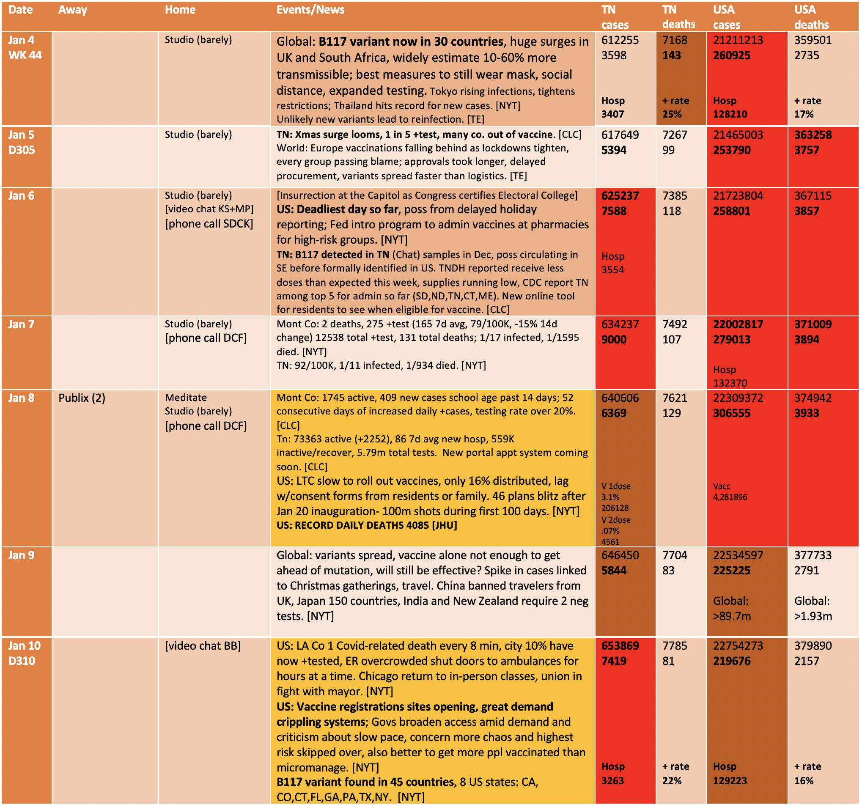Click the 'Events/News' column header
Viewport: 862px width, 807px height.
[x=310, y=10]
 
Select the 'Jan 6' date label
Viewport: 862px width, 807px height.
[x=21, y=196]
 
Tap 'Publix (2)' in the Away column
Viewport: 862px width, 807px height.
[x=82, y=398]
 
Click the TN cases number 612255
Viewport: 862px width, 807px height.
[x=620, y=40]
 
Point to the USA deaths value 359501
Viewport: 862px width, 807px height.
[x=813, y=40]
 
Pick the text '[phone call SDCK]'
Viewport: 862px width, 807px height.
[x=209, y=224]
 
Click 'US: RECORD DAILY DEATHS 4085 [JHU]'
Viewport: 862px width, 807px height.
[x=367, y=526]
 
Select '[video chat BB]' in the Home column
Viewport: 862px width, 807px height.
[x=203, y=646]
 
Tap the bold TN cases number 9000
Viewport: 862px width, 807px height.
[x=614, y=340]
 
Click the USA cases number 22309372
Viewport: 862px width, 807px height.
[x=738, y=398]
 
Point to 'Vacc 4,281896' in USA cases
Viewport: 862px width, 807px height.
[x=730, y=492]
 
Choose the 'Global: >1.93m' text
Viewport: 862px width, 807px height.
[x=813, y=609]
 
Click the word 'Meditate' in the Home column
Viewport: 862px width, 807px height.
[x=186, y=398]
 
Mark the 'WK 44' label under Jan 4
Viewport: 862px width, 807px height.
[x=25, y=55]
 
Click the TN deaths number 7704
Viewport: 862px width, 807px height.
[x=675, y=555]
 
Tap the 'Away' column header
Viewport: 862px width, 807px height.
[x=73, y=10]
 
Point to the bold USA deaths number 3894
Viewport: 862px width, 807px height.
[x=807, y=340]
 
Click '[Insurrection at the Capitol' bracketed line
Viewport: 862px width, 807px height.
[x=427, y=195]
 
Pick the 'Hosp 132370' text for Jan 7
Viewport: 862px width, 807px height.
[x=730, y=376]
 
